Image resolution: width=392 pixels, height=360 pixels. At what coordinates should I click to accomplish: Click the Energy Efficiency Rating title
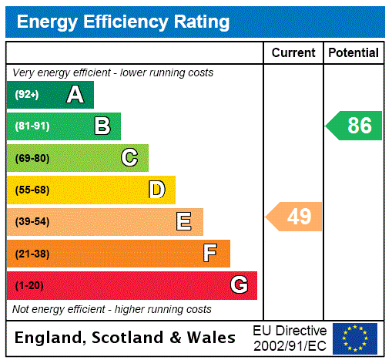pyautogui.click(x=123, y=22)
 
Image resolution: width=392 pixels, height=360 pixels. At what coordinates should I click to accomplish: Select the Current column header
pyautogui.click(x=293, y=53)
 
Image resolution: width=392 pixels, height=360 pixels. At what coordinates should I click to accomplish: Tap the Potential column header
pyautogui.click(x=353, y=53)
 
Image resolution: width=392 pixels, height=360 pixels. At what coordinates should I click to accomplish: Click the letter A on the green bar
pyautogui.click(x=75, y=95)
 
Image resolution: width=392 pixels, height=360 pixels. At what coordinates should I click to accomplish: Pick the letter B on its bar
pyautogui.click(x=102, y=126)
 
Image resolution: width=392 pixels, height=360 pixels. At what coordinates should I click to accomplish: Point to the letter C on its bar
pyautogui.click(x=129, y=158)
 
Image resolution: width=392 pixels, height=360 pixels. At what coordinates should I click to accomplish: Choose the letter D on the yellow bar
pyautogui.click(x=156, y=190)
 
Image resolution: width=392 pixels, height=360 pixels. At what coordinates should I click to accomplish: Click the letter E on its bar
pyautogui.click(x=184, y=222)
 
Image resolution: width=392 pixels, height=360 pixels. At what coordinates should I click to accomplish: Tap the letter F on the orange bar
pyautogui.click(x=210, y=254)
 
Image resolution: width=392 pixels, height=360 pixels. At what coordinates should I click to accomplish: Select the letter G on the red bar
pyautogui.click(x=239, y=285)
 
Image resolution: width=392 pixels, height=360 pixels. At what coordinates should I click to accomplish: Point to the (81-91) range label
pyautogui.click(x=32, y=126)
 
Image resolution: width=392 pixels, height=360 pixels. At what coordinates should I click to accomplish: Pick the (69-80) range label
pyautogui.click(x=32, y=158)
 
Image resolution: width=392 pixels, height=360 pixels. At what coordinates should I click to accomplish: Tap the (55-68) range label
pyautogui.click(x=32, y=190)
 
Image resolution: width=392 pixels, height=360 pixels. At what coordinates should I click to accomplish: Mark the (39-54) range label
pyautogui.click(x=32, y=222)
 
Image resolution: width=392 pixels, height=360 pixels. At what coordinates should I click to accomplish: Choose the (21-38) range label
pyautogui.click(x=32, y=254)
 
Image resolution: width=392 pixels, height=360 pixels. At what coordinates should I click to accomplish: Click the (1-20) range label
pyautogui.click(x=29, y=285)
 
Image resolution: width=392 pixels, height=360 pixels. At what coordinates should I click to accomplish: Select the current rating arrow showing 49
pyautogui.click(x=294, y=217)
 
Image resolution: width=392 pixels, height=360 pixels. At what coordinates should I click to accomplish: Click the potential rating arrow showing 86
pyautogui.click(x=354, y=126)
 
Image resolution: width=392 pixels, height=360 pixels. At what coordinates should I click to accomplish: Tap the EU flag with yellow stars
pyautogui.click(x=355, y=338)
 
